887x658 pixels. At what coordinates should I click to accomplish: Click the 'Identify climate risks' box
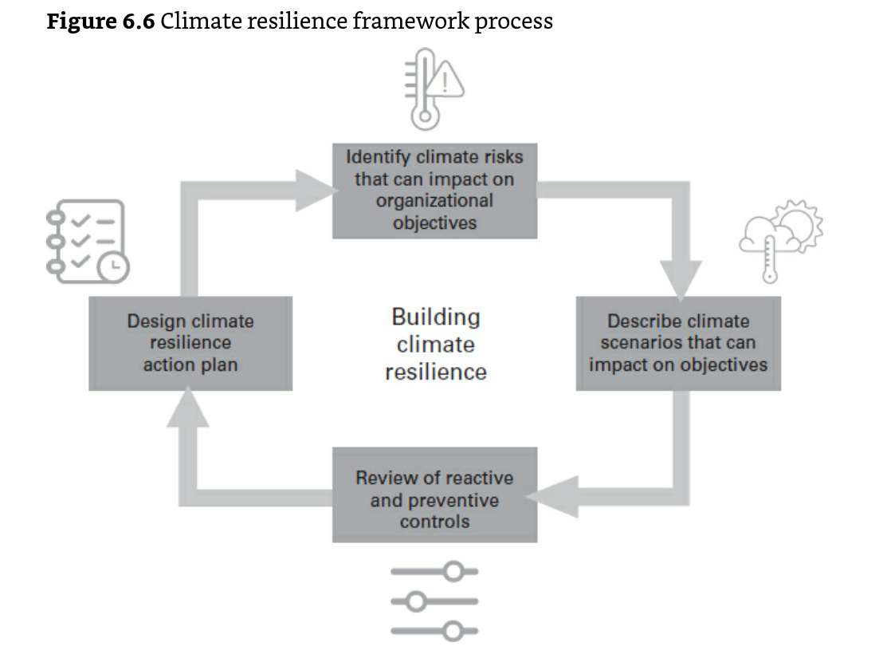coord(434,191)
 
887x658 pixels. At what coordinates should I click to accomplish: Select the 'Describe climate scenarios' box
coord(678,343)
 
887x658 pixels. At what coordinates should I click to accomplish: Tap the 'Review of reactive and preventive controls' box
coord(434,495)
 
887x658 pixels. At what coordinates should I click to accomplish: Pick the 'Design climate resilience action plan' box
coord(190,343)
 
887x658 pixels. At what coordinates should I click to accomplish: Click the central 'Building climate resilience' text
coord(436,345)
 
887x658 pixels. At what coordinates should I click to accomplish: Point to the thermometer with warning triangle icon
coord(434,89)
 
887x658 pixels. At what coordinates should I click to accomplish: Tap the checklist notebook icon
coord(88,241)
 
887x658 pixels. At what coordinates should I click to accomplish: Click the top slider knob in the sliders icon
coord(453,571)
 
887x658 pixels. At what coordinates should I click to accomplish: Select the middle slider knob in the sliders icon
coord(416,601)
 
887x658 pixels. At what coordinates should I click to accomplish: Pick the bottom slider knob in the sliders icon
coord(453,631)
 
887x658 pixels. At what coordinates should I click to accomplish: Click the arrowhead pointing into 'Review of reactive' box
coord(552,497)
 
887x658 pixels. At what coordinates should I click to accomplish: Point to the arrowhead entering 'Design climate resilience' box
coord(188,407)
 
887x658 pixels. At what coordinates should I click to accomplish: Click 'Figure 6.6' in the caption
coord(100,22)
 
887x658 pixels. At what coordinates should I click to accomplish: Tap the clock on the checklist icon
coord(114,266)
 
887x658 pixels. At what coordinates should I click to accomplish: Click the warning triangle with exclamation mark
coord(445,79)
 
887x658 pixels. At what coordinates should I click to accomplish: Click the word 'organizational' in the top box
coord(434,201)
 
